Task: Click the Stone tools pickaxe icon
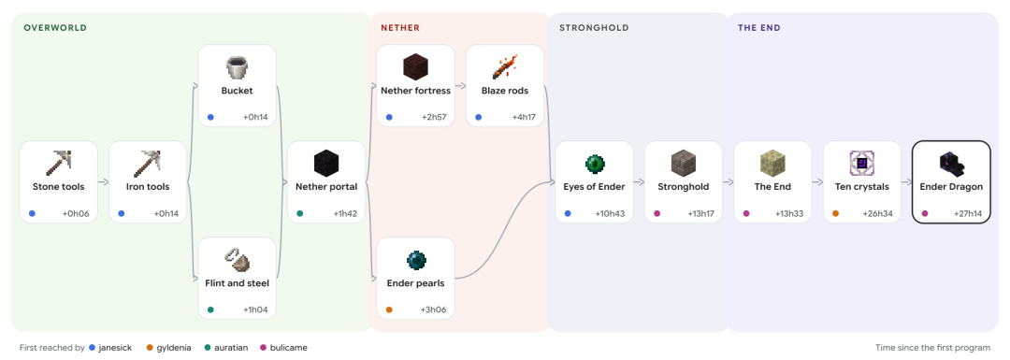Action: [x=59, y=163]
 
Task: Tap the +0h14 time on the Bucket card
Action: [x=255, y=117]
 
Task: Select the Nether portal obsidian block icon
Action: [x=326, y=163]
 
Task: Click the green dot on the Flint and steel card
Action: [x=210, y=310]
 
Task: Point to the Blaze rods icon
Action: [x=505, y=67]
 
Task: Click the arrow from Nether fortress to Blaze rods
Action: [x=460, y=86]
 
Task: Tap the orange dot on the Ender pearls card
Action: [x=389, y=310]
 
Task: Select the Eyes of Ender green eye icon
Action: [x=595, y=163]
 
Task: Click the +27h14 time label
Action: [x=968, y=214]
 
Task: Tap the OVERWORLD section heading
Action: [x=55, y=28]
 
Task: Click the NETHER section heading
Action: [x=400, y=28]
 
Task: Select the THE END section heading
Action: [x=759, y=28]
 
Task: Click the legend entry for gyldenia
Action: [x=168, y=348]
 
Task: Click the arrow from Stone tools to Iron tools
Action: [x=103, y=182]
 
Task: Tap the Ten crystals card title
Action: [x=862, y=187]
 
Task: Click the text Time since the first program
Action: [x=932, y=348]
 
